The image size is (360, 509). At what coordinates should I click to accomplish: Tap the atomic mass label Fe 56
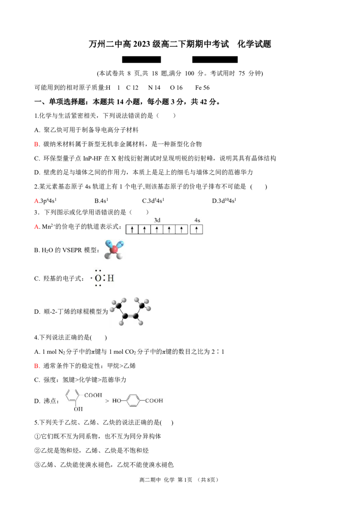pos(202,88)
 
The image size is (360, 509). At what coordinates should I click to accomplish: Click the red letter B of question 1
pos(37,144)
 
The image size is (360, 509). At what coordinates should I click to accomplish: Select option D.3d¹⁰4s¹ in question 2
pos(224,201)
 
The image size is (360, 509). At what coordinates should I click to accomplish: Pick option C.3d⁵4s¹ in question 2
pos(153,201)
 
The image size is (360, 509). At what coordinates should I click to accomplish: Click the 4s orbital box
pos(196,229)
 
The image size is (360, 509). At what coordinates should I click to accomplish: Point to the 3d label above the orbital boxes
pos(157,220)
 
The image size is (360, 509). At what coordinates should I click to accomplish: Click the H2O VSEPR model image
pos(114,250)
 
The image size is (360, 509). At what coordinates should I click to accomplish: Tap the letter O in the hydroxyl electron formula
pos(98,278)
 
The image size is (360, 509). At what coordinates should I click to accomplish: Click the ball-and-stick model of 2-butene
pos(130,311)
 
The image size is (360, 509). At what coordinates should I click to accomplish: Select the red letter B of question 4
pos(37,366)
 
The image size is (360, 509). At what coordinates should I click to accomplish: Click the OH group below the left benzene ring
pos(78,409)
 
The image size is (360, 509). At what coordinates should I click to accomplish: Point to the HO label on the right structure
pos(117,401)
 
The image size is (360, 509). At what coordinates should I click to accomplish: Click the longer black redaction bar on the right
pos(215,59)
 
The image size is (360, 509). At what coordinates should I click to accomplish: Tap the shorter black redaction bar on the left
pos(141,59)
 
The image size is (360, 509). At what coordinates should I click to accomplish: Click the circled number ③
pos(37,465)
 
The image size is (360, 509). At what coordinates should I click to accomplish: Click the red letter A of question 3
pos(37,227)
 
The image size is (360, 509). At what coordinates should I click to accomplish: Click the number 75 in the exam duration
pos(242,73)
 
